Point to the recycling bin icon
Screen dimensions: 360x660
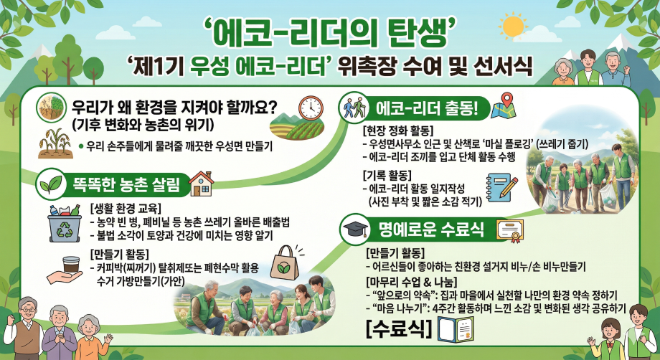[x=65, y=222]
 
